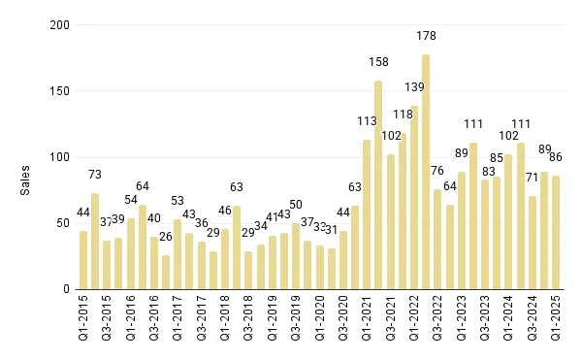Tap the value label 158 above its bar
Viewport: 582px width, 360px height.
click(378, 62)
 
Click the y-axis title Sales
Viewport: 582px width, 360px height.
click(27, 179)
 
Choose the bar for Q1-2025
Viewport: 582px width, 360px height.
click(556, 233)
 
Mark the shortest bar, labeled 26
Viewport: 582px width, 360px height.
click(166, 273)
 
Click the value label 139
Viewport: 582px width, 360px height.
click(414, 87)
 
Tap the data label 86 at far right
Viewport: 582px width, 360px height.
click(556, 156)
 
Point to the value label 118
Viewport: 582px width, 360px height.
click(402, 115)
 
